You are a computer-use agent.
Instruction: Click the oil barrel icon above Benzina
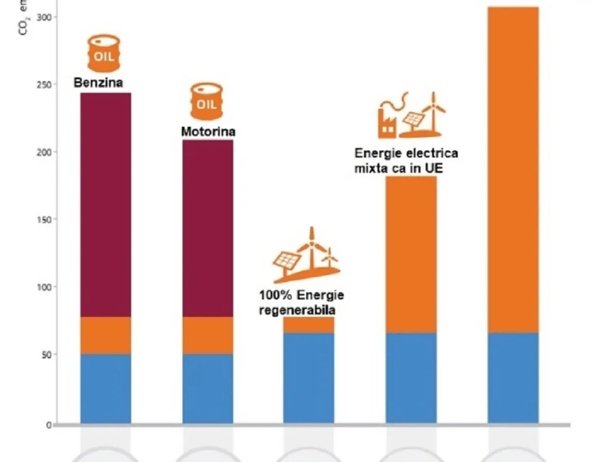click(x=104, y=53)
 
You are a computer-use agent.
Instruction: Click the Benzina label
click(x=99, y=83)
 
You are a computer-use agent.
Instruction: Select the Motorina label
click(x=208, y=131)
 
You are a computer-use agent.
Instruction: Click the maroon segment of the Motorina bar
click(x=207, y=228)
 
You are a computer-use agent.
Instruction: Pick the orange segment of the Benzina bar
click(x=105, y=335)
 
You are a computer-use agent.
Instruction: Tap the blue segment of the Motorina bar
click(x=207, y=389)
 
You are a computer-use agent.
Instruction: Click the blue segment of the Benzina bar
click(x=105, y=389)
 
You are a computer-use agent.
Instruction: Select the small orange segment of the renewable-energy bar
click(x=309, y=325)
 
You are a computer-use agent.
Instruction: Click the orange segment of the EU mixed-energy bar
click(x=411, y=255)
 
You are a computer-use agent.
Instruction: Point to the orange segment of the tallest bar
click(x=513, y=169)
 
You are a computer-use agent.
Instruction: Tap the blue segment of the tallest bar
click(x=513, y=378)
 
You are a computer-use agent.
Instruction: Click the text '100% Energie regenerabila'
click(x=301, y=303)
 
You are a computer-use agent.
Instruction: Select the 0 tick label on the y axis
click(x=49, y=425)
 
